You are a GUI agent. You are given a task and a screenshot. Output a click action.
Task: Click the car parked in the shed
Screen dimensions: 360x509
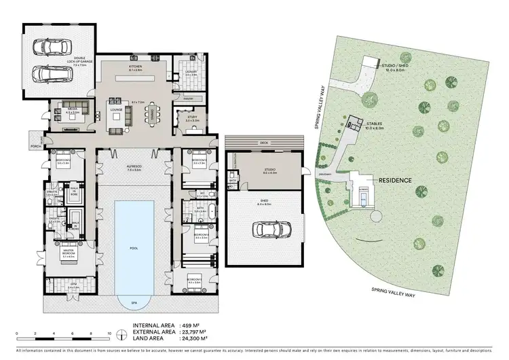coord(264,230)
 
